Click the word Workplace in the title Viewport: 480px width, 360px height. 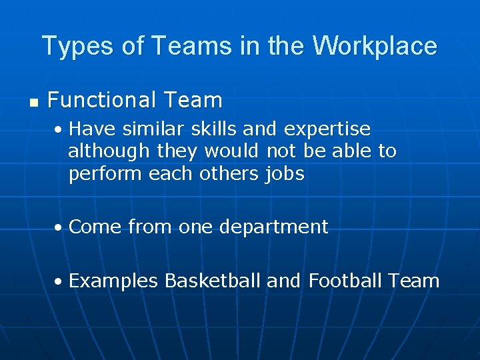pos(375,46)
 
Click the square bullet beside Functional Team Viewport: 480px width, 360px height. pos(33,102)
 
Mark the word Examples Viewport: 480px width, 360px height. pos(113,281)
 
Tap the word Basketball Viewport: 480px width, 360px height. pos(213,281)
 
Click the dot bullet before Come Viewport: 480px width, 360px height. pos(59,228)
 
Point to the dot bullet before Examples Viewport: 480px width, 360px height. pos(59,282)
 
